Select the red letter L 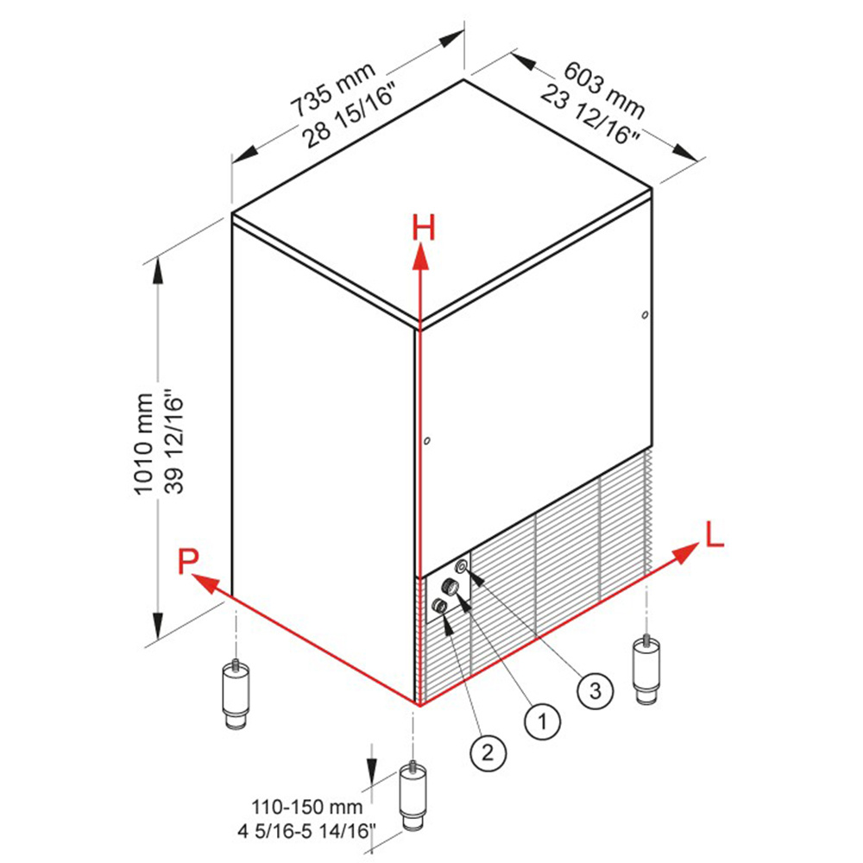(715, 534)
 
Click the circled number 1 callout (542, 721)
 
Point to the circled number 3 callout (595, 690)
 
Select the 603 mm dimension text (604, 89)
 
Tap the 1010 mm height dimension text (143, 444)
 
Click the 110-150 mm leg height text (307, 807)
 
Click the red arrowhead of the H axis (421, 257)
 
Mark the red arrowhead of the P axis (205, 583)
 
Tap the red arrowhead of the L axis (685, 552)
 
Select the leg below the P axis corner (236, 694)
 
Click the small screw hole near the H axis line (427, 441)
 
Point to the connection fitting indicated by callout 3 (462, 566)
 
